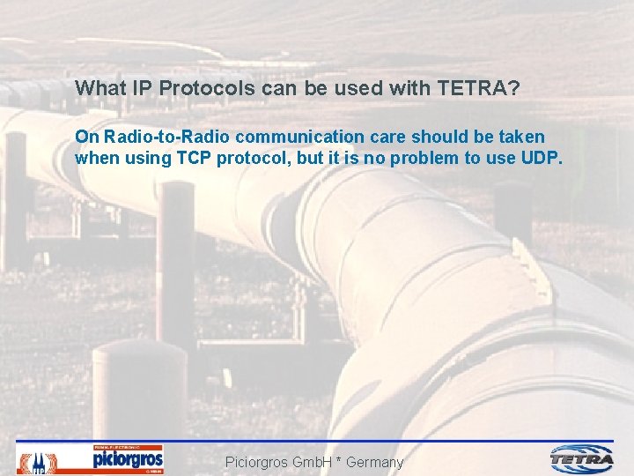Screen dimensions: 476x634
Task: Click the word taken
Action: (522, 138)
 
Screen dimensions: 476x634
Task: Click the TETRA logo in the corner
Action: (582, 458)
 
